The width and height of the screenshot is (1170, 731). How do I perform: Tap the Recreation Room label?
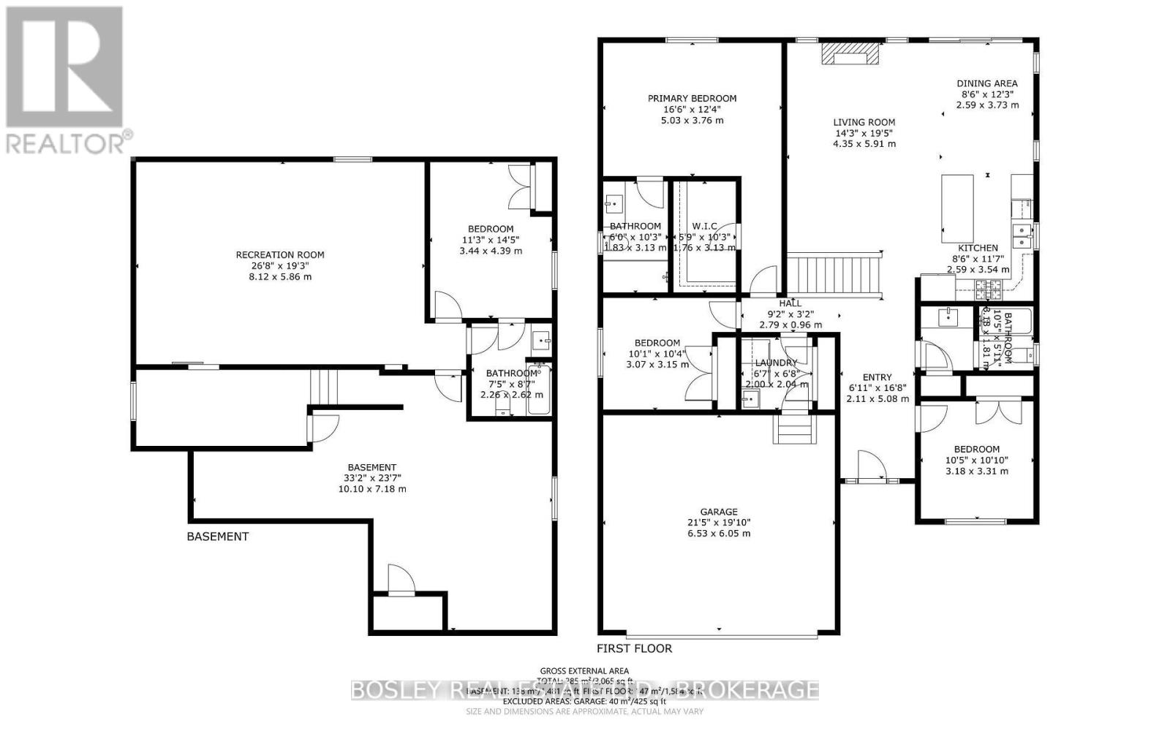[280, 255]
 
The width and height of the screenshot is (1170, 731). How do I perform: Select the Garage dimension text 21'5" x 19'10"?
[719, 523]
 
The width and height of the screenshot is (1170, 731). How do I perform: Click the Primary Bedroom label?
[692, 98]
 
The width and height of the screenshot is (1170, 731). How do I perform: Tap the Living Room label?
[864, 122]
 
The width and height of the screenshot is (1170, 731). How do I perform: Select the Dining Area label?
[987, 83]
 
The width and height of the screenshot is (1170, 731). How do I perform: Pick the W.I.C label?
[704, 227]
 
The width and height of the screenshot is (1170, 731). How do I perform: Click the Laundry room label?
[776, 363]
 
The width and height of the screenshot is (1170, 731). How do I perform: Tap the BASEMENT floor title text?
[218, 537]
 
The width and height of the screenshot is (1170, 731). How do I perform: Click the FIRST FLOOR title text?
[634, 648]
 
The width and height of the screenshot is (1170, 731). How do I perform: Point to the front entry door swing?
[869, 466]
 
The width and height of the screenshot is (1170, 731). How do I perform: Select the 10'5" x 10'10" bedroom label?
[976, 450]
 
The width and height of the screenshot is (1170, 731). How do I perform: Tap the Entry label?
[877, 377]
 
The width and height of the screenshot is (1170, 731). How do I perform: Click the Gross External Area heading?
[584, 671]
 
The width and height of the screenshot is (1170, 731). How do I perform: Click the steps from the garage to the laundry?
[794, 429]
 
